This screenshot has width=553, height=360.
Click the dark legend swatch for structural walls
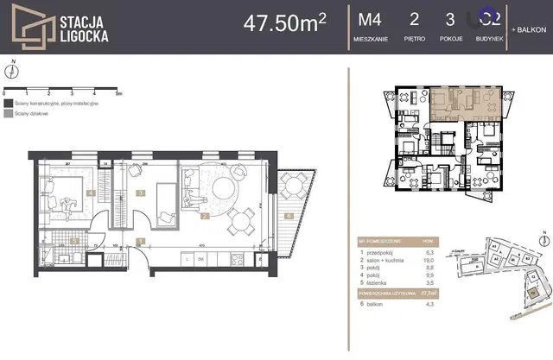point(8,103)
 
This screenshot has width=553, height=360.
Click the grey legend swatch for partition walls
point(8,112)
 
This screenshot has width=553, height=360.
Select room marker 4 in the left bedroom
point(91,194)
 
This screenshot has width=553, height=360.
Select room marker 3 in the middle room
point(140,194)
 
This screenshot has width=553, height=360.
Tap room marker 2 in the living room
point(205,217)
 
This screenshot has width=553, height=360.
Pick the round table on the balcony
point(294,184)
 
